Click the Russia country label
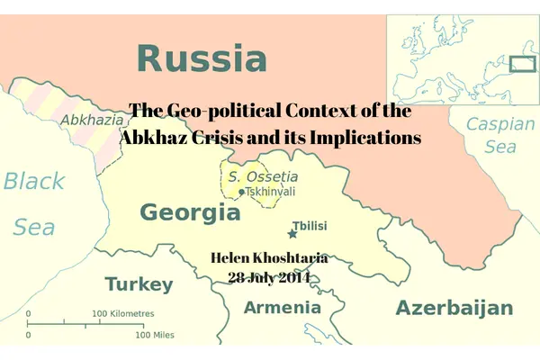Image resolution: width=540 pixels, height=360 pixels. tap(202, 58)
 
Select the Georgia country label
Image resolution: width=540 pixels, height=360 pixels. tap(190, 213)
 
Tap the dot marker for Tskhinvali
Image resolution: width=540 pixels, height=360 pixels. tap(241, 192)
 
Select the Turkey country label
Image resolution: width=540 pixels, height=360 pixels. tap(139, 284)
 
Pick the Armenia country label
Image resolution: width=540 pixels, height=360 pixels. tap(282, 308)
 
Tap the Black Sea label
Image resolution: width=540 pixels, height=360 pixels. tap(34, 203)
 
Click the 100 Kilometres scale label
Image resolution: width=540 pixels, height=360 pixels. tap(123, 313)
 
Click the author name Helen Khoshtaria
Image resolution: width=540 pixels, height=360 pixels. tap(269, 258)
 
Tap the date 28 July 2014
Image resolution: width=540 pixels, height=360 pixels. tap(269, 277)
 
